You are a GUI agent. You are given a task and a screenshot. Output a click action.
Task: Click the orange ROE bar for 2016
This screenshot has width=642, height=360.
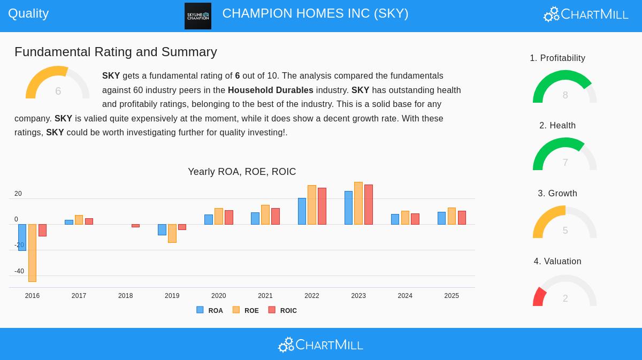pyautogui.click(x=32, y=252)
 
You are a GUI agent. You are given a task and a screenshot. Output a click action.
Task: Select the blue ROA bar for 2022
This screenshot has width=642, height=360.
pyautogui.click(x=302, y=211)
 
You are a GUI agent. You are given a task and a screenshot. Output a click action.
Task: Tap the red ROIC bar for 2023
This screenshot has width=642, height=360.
pyautogui.click(x=369, y=204)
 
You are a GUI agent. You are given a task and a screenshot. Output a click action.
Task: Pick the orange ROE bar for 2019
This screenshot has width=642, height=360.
pyautogui.click(x=172, y=233)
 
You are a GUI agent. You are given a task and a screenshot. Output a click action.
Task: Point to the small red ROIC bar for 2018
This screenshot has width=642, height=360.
pyautogui.click(x=135, y=226)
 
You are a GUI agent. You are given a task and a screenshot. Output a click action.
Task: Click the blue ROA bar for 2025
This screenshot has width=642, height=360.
pyautogui.click(x=441, y=218)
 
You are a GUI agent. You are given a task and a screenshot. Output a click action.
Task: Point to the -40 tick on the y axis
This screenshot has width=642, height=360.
pyautogui.click(x=19, y=271)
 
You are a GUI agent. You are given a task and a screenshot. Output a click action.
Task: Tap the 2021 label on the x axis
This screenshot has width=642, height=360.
pyautogui.click(x=265, y=296)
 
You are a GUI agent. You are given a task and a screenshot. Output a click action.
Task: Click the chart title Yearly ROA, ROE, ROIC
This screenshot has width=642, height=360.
pyautogui.click(x=242, y=172)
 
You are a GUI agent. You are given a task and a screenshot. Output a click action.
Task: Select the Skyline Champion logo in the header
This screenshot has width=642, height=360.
pyautogui.click(x=198, y=16)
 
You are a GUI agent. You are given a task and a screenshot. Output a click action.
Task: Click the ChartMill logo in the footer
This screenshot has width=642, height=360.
pyautogui.click(x=320, y=345)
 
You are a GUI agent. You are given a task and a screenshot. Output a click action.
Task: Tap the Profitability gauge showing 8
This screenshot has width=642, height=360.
pyautogui.click(x=565, y=88)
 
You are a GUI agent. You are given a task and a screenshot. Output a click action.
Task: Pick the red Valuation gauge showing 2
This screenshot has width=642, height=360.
pyautogui.click(x=565, y=292)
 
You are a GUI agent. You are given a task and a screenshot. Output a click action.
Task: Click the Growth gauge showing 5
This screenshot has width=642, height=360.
pyautogui.click(x=565, y=224)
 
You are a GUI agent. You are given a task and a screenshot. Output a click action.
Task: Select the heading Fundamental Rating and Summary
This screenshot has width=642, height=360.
pyautogui.click(x=116, y=52)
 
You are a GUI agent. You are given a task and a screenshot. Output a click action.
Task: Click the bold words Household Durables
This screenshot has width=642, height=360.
pyautogui.click(x=270, y=90)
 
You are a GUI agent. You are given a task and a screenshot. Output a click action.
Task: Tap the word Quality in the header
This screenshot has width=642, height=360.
pyautogui.click(x=28, y=13)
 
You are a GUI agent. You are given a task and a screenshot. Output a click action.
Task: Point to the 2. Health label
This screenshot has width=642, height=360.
pyautogui.click(x=557, y=125)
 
